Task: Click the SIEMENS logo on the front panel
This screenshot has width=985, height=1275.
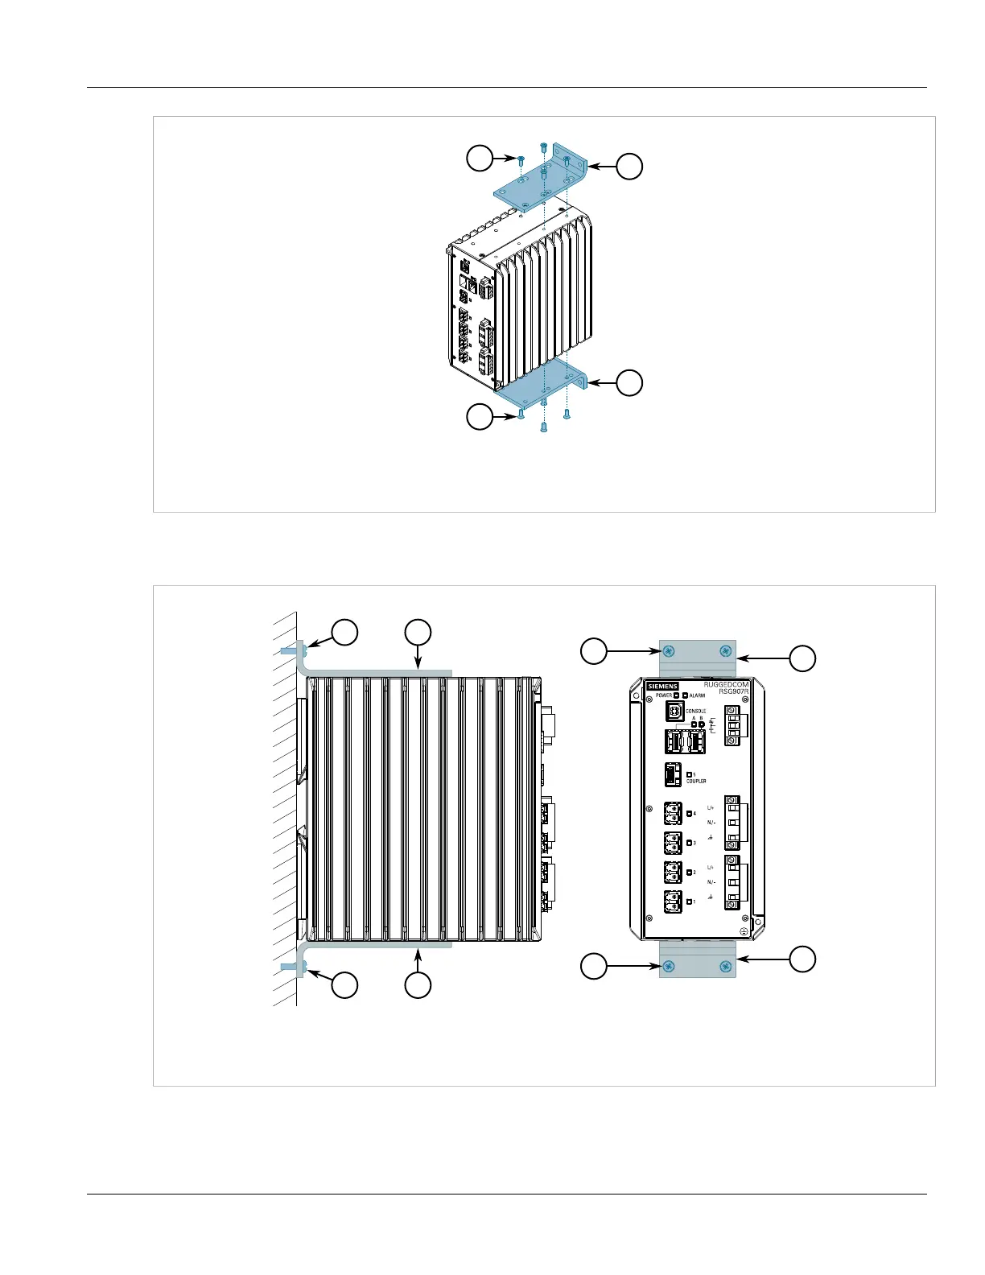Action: [662, 687]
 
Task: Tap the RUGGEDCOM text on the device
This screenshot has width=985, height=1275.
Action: [726, 685]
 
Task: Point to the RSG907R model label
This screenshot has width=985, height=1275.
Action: [733, 692]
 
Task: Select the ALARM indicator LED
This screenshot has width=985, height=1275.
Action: [685, 695]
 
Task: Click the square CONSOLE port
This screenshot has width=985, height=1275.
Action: [674, 712]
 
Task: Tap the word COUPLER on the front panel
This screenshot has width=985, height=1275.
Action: [696, 781]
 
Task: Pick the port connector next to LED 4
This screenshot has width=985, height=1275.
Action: [673, 814]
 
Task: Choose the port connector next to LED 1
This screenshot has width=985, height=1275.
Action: [673, 902]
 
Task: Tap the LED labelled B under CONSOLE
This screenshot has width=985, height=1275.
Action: [701, 724]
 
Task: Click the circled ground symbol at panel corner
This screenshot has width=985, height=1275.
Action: [744, 931]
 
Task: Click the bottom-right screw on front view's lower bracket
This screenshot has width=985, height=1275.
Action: [726, 965]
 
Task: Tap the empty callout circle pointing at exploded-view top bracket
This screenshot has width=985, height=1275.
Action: [629, 167]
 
